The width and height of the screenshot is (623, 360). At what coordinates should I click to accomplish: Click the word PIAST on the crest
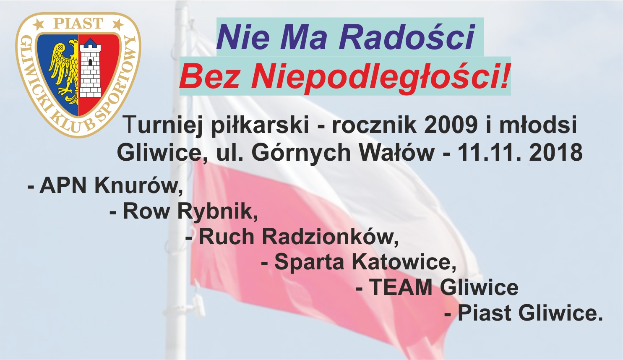pyautogui.click(x=78, y=23)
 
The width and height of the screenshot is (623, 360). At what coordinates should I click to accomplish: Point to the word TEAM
pyautogui.click(x=401, y=288)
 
